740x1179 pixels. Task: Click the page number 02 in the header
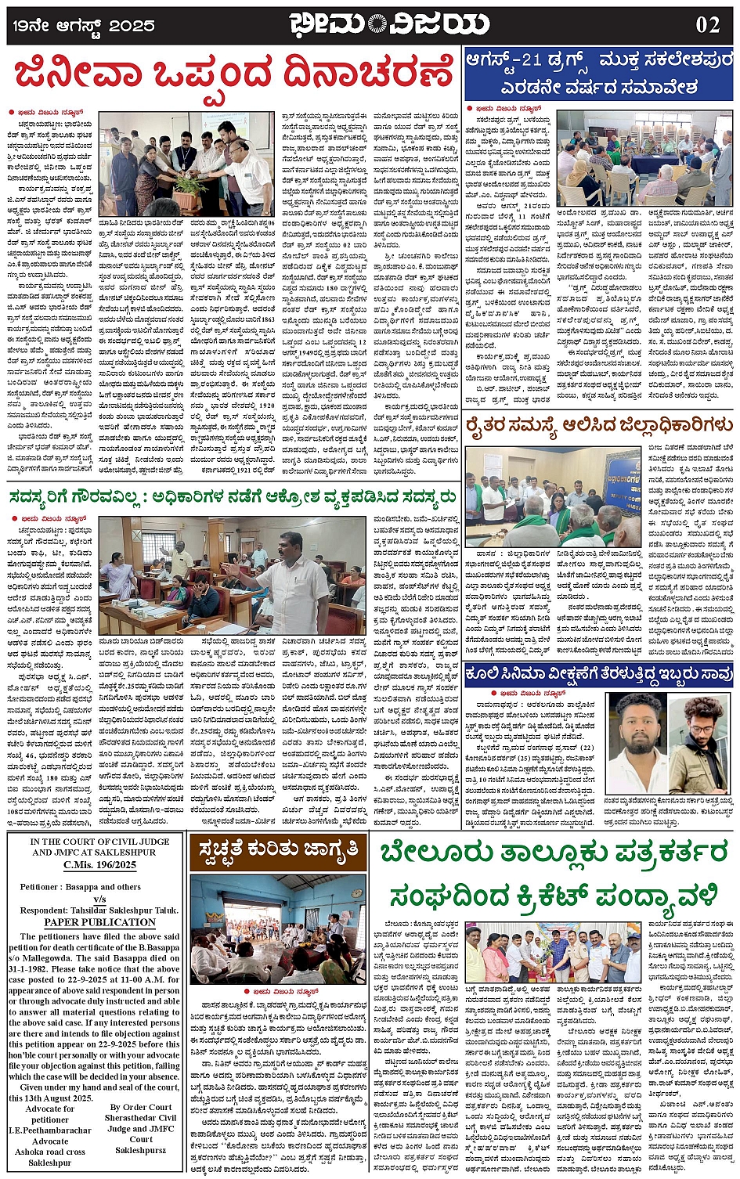706,25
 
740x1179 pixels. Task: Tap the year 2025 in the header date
132,26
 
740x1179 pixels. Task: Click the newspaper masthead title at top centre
388,24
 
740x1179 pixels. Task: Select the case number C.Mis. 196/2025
94,865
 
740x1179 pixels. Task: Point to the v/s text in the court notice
99,900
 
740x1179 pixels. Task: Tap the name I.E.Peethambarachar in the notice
50,1130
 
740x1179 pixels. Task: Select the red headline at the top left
233,74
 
